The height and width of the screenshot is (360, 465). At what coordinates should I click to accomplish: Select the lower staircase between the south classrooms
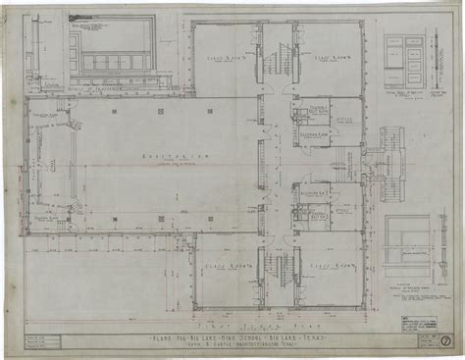coord(275,265)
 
